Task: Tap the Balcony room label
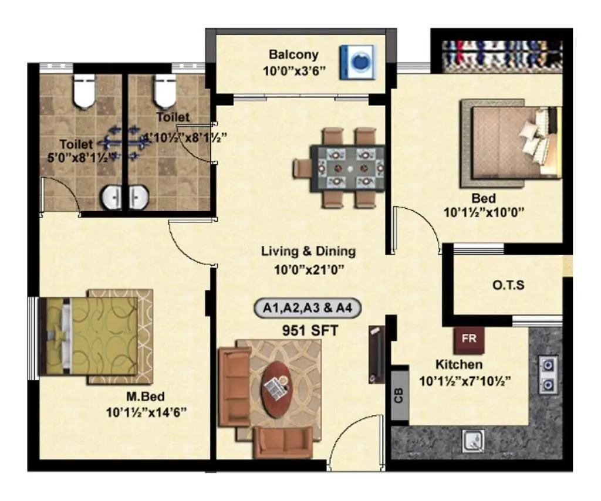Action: [x=293, y=55]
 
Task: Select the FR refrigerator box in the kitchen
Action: [x=468, y=340]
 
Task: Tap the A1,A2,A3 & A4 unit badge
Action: [x=308, y=308]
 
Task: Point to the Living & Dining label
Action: [x=308, y=252]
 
